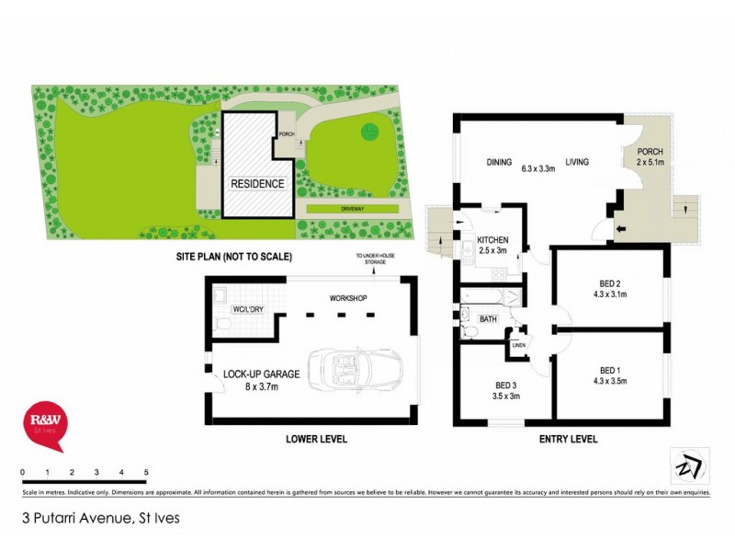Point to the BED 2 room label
608,287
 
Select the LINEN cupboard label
518,346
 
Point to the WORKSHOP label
348,299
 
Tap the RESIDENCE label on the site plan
256,184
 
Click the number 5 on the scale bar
146,472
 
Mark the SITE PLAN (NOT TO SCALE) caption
233,257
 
